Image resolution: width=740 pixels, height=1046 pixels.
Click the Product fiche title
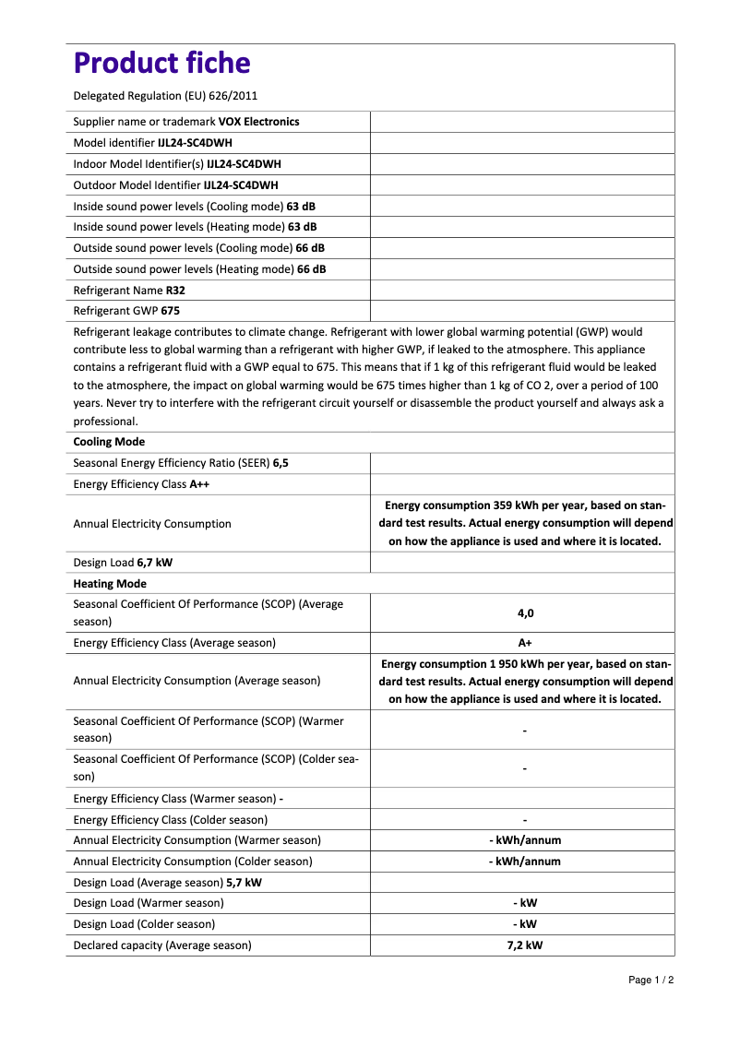pyautogui.click(x=161, y=64)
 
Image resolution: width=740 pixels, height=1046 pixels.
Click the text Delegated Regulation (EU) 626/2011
pyautogui.click(x=165, y=95)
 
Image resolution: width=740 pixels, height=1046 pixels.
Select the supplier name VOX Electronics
pyautogui.click(x=258, y=122)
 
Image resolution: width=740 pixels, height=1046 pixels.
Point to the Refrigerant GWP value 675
pyautogui.click(x=171, y=312)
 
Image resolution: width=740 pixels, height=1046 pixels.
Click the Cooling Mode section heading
pyautogui.click(x=109, y=443)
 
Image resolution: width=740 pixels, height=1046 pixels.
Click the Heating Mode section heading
pyautogui.click(x=110, y=585)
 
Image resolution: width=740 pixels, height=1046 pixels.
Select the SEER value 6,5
pyautogui.click(x=280, y=464)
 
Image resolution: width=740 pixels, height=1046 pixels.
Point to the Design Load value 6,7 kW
pyautogui.click(x=154, y=563)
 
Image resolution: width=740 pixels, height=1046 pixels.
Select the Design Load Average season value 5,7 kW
pyautogui.click(x=244, y=883)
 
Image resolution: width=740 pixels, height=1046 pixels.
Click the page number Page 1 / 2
pyautogui.click(x=651, y=980)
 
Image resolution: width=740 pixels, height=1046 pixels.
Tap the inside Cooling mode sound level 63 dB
pyautogui.click(x=302, y=207)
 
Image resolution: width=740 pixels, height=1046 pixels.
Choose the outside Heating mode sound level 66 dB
pyautogui.click(x=311, y=270)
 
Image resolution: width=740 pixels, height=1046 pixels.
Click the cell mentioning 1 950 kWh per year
pyautogui.click(x=525, y=682)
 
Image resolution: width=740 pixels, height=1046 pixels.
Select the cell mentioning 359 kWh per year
pyautogui.click(x=525, y=524)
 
